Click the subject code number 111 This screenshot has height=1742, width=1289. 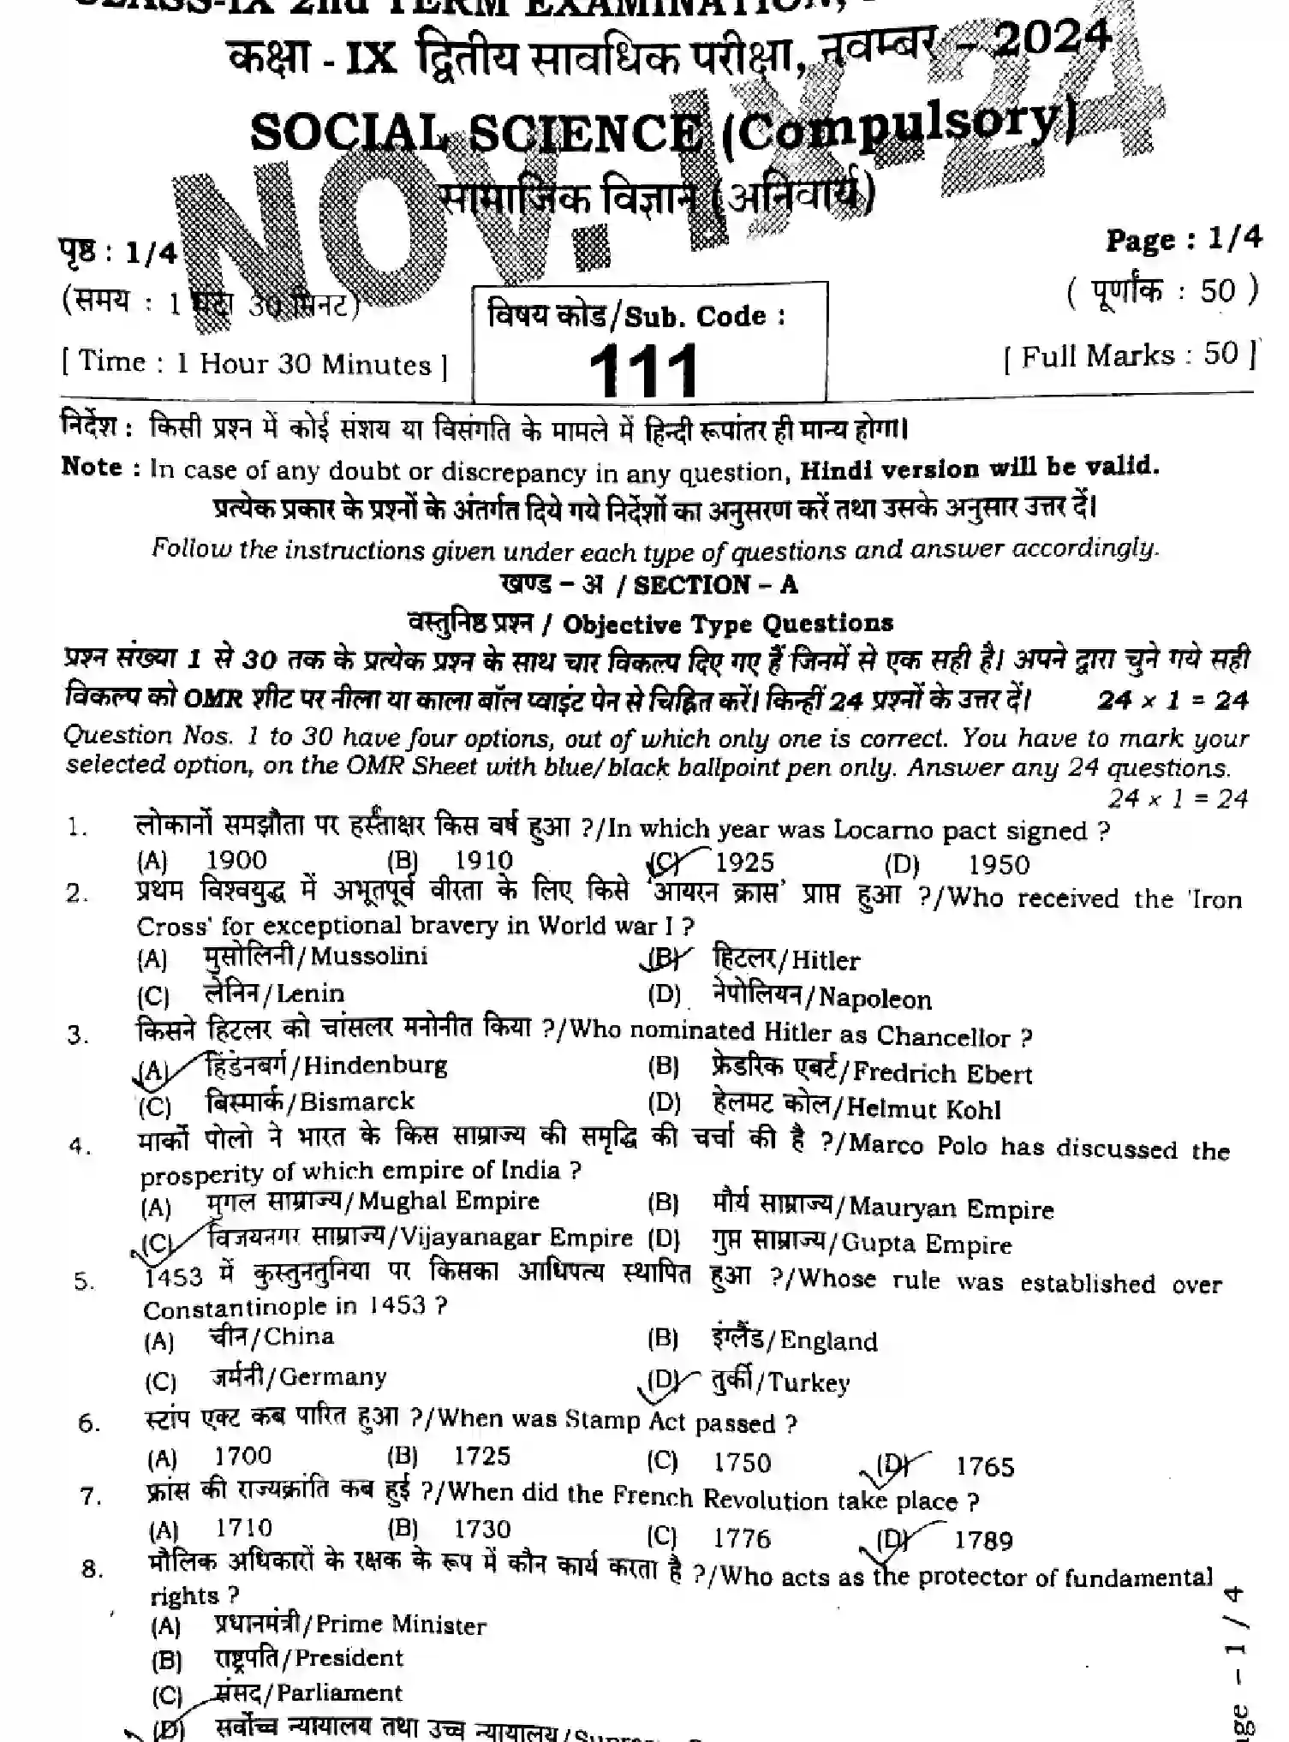(644, 371)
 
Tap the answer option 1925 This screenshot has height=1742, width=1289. (743, 862)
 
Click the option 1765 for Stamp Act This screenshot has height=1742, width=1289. (985, 1467)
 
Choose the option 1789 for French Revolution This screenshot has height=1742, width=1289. (983, 1541)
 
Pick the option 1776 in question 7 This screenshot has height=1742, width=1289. (742, 1538)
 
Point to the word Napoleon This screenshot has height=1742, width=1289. (874, 999)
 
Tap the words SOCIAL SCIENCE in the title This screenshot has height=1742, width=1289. (475, 133)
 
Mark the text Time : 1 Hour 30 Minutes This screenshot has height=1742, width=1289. (254, 364)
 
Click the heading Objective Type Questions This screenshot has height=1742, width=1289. (727, 624)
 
